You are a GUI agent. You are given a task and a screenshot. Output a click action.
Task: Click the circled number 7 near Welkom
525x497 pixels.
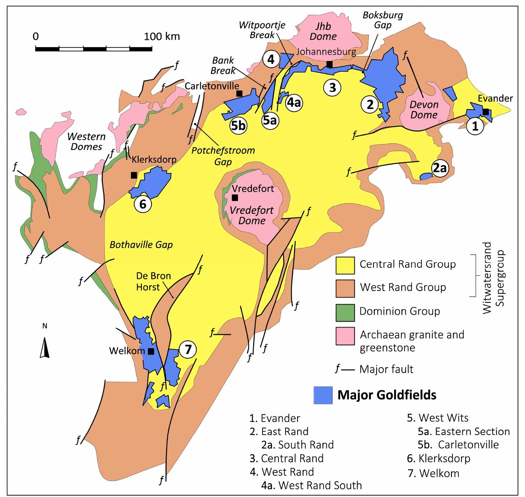coord(188,349)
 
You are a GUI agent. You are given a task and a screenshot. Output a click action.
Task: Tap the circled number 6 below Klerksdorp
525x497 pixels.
coord(143,204)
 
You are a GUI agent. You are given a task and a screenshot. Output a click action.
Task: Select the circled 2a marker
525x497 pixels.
coord(440,168)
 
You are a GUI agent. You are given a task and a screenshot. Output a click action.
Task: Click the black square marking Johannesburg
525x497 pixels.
coord(329,64)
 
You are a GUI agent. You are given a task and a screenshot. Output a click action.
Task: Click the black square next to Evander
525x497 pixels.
coord(486,112)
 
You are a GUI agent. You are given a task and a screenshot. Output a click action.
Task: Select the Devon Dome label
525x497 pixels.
coord(424,110)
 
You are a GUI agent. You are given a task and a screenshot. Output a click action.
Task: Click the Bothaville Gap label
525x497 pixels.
coord(141,245)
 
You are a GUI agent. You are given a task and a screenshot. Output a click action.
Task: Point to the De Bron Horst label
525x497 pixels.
coord(153,281)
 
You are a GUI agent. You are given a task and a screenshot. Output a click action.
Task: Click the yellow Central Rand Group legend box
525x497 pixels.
coord(345,265)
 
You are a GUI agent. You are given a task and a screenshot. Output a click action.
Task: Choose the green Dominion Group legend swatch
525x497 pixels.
coord(345,312)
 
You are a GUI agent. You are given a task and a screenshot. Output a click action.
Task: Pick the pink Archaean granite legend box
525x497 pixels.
coord(345,336)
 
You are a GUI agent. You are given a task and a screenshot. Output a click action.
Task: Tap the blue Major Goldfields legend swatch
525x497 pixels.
coord(323,395)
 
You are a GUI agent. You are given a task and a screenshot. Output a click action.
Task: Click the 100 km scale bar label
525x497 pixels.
coord(162,37)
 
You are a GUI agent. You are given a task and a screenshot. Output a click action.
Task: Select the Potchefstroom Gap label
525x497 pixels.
coord(223,156)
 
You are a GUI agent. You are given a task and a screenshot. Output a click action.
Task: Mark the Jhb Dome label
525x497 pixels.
coord(323,31)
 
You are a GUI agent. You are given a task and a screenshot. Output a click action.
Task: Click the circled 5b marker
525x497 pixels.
coord(238,126)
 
